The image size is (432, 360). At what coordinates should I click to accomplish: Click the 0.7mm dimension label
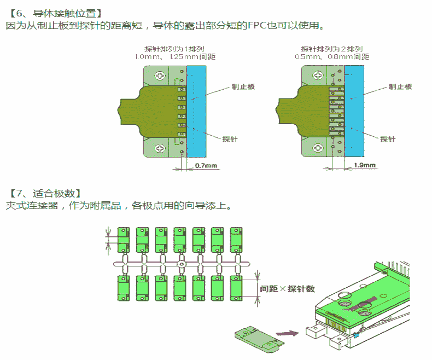[x=206, y=165]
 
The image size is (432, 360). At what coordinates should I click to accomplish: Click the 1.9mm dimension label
[x=365, y=165]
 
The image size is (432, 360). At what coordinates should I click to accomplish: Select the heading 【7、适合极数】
[x=45, y=193]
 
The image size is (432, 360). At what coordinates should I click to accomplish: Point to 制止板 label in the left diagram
[x=243, y=86]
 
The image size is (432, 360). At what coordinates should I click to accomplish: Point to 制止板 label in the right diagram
[x=400, y=86]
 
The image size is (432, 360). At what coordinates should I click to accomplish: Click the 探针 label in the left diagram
[x=230, y=139]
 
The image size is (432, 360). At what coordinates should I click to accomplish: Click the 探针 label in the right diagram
[x=388, y=139]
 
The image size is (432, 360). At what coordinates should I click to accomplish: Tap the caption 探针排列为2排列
[x=332, y=49]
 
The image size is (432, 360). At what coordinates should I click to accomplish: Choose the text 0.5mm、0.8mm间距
[x=332, y=57]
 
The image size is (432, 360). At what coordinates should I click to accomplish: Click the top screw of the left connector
[x=160, y=76]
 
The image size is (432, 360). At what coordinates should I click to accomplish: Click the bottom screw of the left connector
[x=160, y=148]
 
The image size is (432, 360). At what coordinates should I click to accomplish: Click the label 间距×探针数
[x=287, y=288]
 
